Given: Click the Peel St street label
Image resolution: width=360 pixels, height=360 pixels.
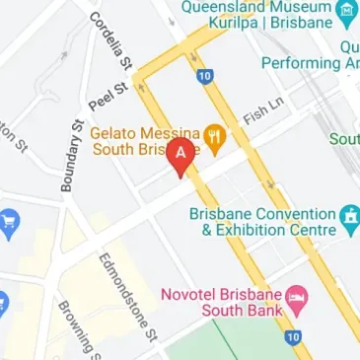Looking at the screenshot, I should click(x=108, y=96).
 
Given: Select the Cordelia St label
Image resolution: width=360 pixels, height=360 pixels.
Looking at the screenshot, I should click(x=110, y=39).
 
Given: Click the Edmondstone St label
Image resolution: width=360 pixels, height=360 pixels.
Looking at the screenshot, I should click(x=127, y=293).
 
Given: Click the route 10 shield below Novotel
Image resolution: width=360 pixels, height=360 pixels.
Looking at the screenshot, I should click(x=291, y=336).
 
